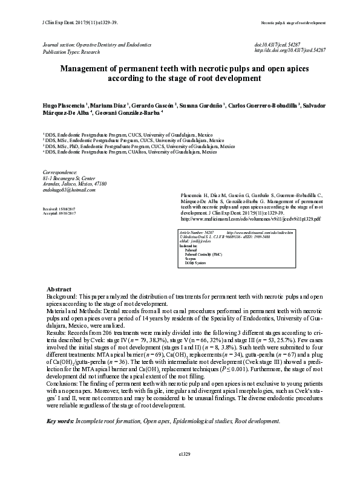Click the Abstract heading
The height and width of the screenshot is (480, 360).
coord(59,290)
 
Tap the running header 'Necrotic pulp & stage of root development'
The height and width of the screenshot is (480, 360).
coord(293,22)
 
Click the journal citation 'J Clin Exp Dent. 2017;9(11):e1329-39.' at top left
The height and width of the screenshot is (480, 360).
coord(68,22)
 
